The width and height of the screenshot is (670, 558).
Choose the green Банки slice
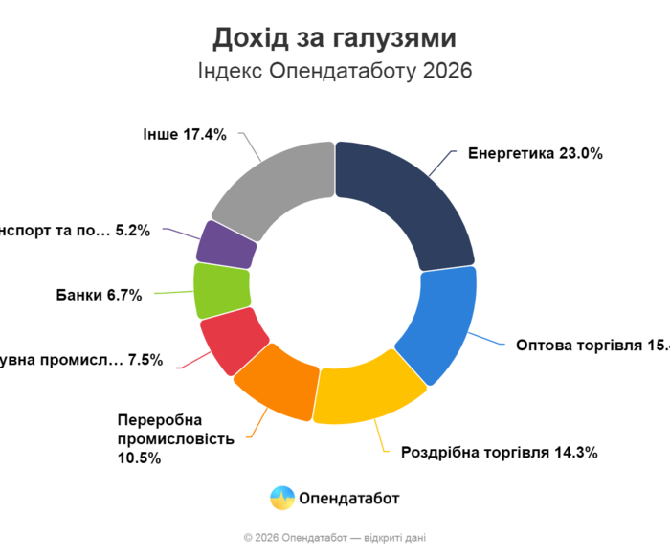click(x=221, y=290)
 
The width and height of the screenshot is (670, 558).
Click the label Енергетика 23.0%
click(x=534, y=153)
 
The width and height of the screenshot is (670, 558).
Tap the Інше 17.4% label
click(x=183, y=135)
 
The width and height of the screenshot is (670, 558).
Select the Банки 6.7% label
click(x=99, y=295)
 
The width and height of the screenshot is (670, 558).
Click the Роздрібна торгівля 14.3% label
click(x=499, y=453)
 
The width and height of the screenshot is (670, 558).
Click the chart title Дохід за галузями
click(x=334, y=38)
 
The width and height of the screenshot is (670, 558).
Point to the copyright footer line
click(x=335, y=538)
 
